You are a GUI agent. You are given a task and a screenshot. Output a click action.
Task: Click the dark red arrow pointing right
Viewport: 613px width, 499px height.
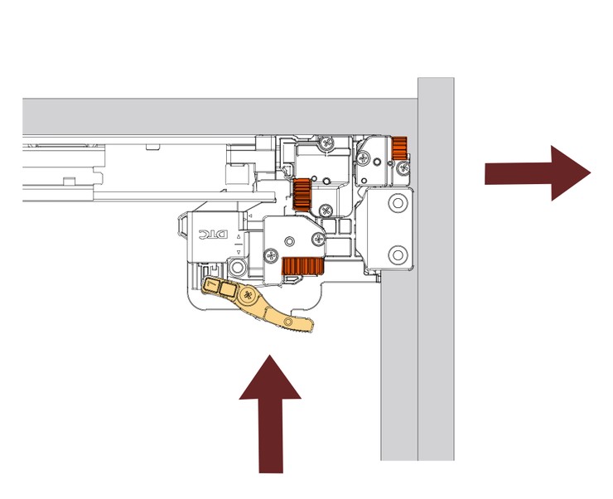(538, 172)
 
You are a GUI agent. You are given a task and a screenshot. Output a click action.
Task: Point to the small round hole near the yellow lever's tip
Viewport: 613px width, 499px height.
(287, 319)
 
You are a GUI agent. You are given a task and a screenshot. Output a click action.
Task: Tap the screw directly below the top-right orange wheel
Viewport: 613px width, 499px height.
(403, 170)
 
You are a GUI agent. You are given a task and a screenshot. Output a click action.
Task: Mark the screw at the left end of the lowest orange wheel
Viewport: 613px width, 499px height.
(270, 253)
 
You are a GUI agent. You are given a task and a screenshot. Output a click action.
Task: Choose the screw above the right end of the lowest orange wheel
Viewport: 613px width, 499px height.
(318, 241)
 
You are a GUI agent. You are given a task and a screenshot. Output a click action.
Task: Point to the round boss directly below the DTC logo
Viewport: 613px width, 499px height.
(238, 267)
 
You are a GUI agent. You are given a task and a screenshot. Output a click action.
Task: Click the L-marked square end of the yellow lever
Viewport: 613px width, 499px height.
(212, 286)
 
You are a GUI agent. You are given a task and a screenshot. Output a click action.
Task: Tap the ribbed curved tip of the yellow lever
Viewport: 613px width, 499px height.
(300, 324)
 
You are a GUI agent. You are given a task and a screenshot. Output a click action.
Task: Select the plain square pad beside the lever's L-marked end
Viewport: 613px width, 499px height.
(229, 289)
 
